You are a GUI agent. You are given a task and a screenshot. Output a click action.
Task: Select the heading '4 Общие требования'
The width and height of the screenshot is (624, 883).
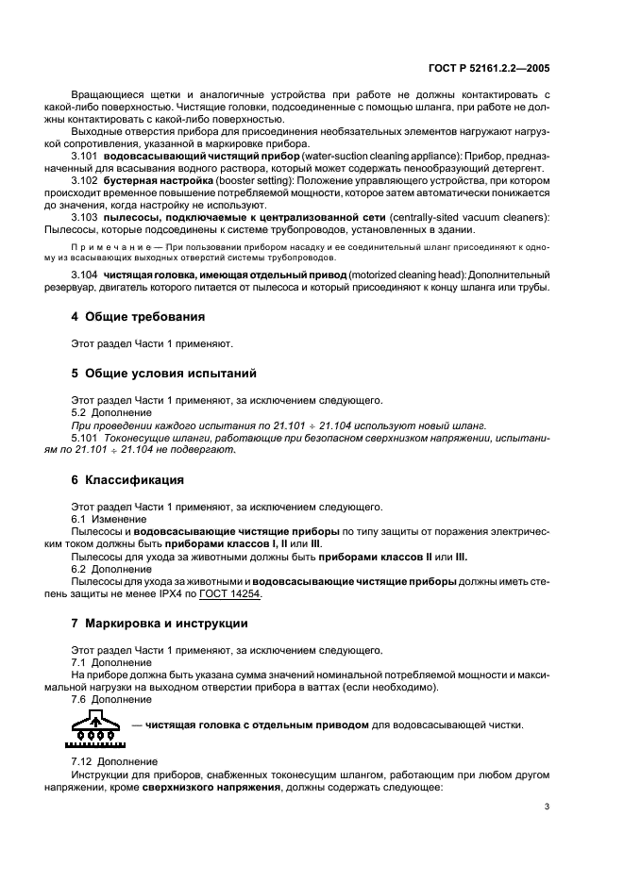pos(139,316)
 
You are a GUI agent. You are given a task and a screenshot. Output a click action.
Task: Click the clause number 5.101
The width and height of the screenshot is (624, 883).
pos(86,439)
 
